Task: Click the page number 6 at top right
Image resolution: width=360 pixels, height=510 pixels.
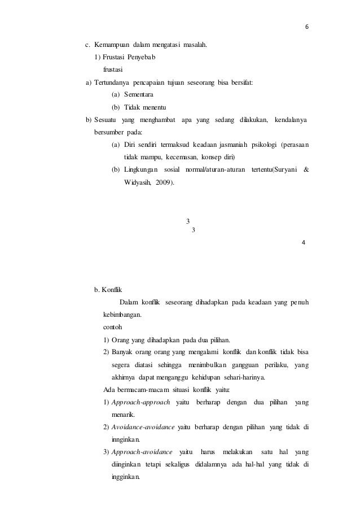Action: (307, 25)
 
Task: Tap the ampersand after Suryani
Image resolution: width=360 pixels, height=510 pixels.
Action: (306, 170)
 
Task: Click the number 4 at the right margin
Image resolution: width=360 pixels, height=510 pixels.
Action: (305, 243)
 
